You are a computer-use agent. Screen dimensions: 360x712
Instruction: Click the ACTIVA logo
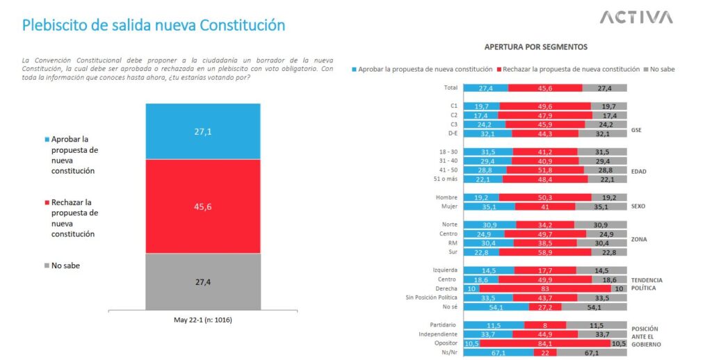point(636,17)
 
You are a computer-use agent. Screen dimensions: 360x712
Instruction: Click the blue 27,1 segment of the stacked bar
point(202,131)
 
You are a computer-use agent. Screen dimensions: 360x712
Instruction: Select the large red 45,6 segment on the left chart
point(202,206)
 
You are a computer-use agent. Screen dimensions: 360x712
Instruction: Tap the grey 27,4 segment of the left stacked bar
point(202,281)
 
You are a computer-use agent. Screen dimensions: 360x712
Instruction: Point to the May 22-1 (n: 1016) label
point(202,320)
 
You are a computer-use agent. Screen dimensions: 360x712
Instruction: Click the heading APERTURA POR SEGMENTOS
point(536,47)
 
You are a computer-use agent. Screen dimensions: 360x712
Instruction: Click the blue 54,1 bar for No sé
point(495,306)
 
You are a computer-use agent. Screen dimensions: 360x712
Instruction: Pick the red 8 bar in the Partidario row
point(544,324)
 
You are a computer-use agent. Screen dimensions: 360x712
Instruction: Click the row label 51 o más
point(445,179)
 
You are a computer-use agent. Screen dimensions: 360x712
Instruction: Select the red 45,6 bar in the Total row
point(545,88)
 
